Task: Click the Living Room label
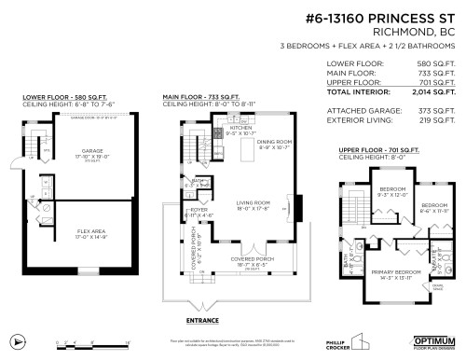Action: (x=253, y=204)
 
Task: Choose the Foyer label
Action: (x=199, y=211)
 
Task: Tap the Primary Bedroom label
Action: (x=396, y=273)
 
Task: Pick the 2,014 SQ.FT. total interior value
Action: (x=433, y=92)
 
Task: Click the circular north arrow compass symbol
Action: (x=15, y=340)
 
